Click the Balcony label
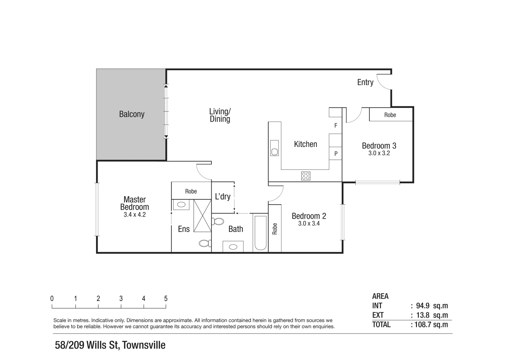pyautogui.click(x=132, y=114)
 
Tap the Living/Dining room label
pyautogui.click(x=220, y=115)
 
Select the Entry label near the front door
pyautogui.click(x=365, y=82)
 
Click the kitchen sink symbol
pyautogui.click(x=274, y=148)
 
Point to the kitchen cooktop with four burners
pyautogui.click(x=306, y=176)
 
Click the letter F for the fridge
pyautogui.click(x=336, y=126)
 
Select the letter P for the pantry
pyautogui.click(x=336, y=154)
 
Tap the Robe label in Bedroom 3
pyautogui.click(x=390, y=115)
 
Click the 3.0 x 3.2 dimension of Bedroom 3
pyautogui.click(x=379, y=153)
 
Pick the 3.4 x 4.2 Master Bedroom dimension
pyautogui.click(x=135, y=215)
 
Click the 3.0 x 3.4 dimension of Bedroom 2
pyautogui.click(x=309, y=224)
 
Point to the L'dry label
pyautogui.click(x=223, y=197)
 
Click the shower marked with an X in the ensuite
pyautogui.click(x=202, y=215)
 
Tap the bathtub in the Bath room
pyautogui.click(x=260, y=233)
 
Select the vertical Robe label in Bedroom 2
pyautogui.click(x=275, y=229)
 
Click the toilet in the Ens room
pyautogui.click(x=205, y=243)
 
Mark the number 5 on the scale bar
pyautogui.click(x=166, y=299)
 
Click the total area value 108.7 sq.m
pyautogui.click(x=431, y=325)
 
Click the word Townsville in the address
pyautogui.click(x=144, y=345)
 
